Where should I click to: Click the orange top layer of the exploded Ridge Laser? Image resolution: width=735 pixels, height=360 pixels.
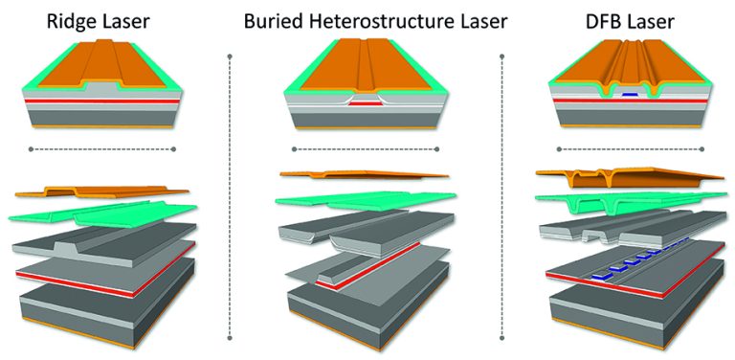click(x=105, y=192)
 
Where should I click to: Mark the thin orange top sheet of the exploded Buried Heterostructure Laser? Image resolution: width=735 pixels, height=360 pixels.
click(x=364, y=176)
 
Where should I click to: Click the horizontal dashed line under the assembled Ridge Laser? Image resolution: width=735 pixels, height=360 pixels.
click(x=103, y=149)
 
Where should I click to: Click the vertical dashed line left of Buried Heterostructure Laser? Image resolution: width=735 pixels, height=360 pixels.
click(x=231, y=191)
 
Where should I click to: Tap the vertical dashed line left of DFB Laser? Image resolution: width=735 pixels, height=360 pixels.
click(x=502, y=191)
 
